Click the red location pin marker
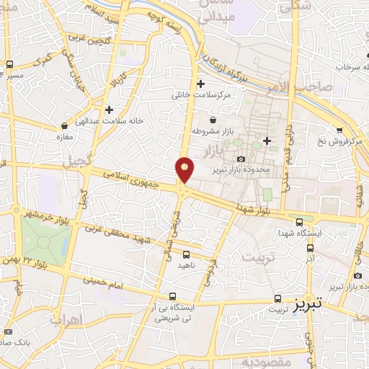click(x=185, y=169)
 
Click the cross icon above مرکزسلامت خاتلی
click(x=200, y=84)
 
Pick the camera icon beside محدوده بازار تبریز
click(x=241, y=159)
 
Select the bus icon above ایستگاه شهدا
click(x=299, y=222)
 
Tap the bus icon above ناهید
click(x=187, y=254)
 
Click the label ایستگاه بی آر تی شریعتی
click(x=172, y=313)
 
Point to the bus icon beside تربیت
click(x=277, y=298)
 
